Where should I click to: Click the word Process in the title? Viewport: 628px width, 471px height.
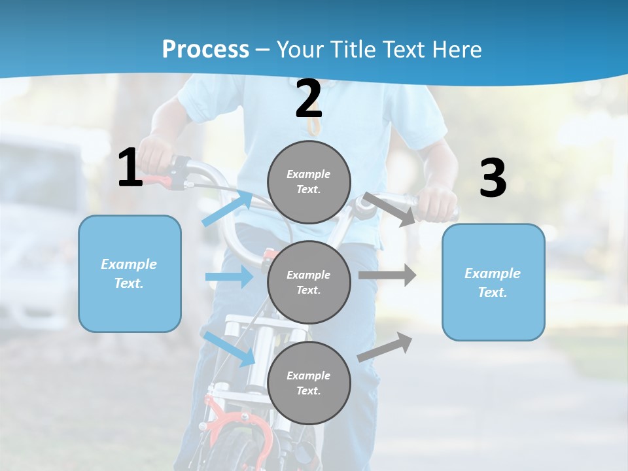(205, 50)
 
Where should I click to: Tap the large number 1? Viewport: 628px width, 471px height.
(130, 168)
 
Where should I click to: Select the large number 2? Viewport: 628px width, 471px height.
(309, 99)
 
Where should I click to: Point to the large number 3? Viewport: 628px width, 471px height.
(493, 179)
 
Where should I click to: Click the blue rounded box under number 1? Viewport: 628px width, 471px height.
(130, 273)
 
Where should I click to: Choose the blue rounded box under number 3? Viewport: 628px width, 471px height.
(493, 282)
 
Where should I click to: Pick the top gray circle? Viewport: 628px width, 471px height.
(309, 182)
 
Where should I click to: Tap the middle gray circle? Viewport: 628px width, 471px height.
(309, 282)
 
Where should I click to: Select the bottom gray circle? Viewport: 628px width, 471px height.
(309, 383)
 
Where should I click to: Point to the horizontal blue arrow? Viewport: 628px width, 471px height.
(230, 277)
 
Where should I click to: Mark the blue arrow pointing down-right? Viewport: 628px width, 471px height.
(230, 349)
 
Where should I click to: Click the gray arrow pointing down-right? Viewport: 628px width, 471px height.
(389, 209)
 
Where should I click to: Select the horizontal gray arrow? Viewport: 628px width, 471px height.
(387, 275)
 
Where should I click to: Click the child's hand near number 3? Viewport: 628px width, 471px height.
(437, 205)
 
